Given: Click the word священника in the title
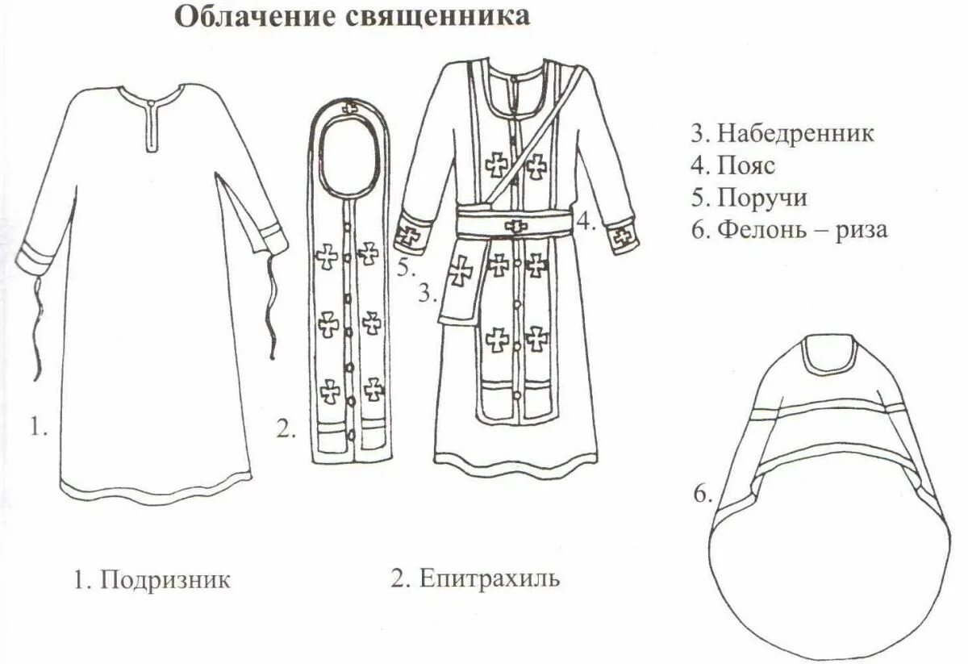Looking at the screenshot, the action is (436, 17).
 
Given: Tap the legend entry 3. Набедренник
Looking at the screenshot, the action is (782, 133).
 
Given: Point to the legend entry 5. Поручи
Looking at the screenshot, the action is (748, 198).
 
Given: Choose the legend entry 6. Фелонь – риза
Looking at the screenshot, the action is (788, 230).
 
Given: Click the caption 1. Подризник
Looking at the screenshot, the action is (152, 579).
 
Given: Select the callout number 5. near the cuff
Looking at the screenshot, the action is (407, 266).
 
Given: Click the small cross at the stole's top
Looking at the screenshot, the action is (351, 106).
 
